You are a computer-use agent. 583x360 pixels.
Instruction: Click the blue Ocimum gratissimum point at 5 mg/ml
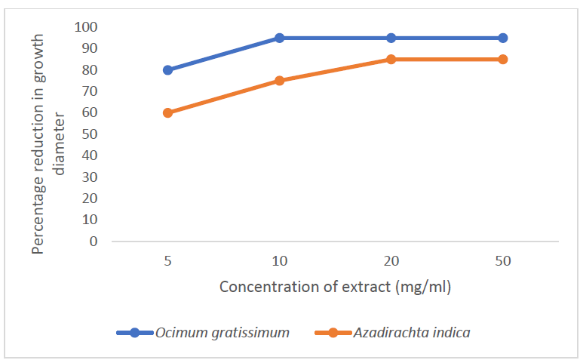point(167,70)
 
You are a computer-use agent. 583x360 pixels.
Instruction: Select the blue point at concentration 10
point(279,38)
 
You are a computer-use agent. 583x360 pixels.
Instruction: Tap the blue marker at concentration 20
point(391,38)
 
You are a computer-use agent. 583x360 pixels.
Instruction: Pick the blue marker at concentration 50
point(503,38)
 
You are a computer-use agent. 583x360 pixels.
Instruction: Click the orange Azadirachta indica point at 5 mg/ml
point(167,112)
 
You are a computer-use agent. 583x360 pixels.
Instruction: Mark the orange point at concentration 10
point(279,81)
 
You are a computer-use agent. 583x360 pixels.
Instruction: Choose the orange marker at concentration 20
point(391,59)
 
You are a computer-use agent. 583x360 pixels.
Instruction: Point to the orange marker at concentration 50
point(503,59)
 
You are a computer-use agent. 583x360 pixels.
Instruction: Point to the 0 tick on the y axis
point(94,242)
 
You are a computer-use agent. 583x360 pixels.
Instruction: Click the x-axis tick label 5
point(167,261)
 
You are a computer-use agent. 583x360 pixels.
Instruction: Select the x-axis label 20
point(391,261)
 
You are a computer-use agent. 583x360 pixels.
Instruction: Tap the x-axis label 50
point(503,261)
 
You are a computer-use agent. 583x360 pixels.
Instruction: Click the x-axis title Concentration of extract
point(335,288)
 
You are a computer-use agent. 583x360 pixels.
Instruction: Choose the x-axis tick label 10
point(279,261)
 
